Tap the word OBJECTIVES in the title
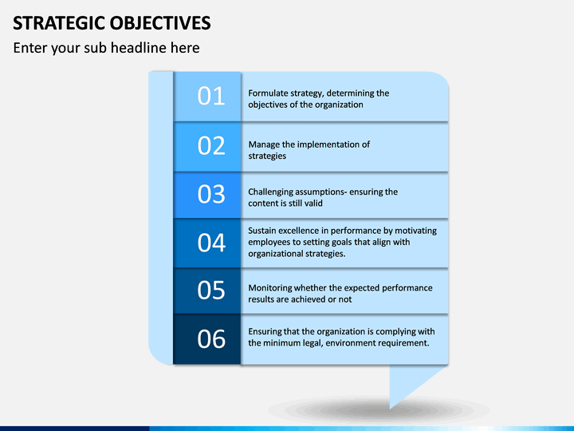160,23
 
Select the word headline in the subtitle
139,48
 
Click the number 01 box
207,97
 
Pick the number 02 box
207,147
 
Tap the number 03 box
207,195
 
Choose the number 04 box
207,243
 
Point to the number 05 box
207,291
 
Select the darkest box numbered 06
207,339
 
